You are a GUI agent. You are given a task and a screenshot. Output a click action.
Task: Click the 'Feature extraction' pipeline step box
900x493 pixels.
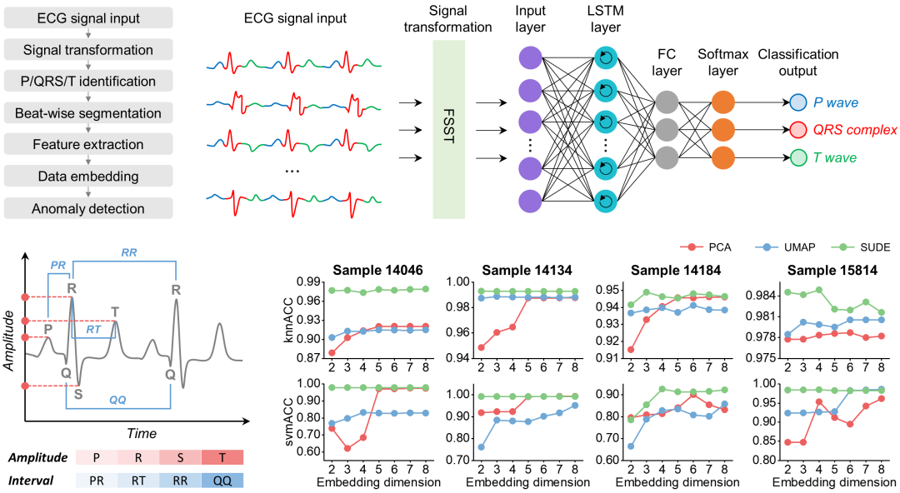point(87,144)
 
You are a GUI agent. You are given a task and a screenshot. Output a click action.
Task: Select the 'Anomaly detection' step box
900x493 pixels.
point(87,209)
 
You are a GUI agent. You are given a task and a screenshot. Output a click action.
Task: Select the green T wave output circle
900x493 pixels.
point(797,157)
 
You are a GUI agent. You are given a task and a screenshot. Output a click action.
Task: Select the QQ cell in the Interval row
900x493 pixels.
point(222,481)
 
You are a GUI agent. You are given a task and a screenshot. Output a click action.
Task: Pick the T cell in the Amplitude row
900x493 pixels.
point(222,458)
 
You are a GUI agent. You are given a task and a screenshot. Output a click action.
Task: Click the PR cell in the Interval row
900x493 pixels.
point(97,481)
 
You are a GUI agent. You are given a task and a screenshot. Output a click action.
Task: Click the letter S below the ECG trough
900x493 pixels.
point(77,393)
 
